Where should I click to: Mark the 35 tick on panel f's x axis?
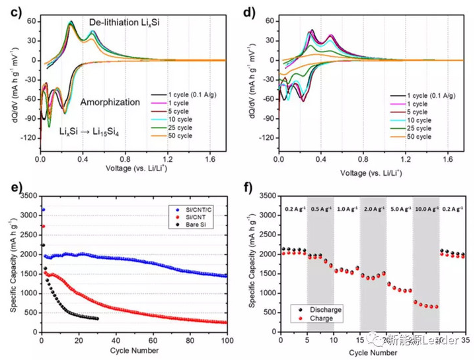(x=465, y=342)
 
